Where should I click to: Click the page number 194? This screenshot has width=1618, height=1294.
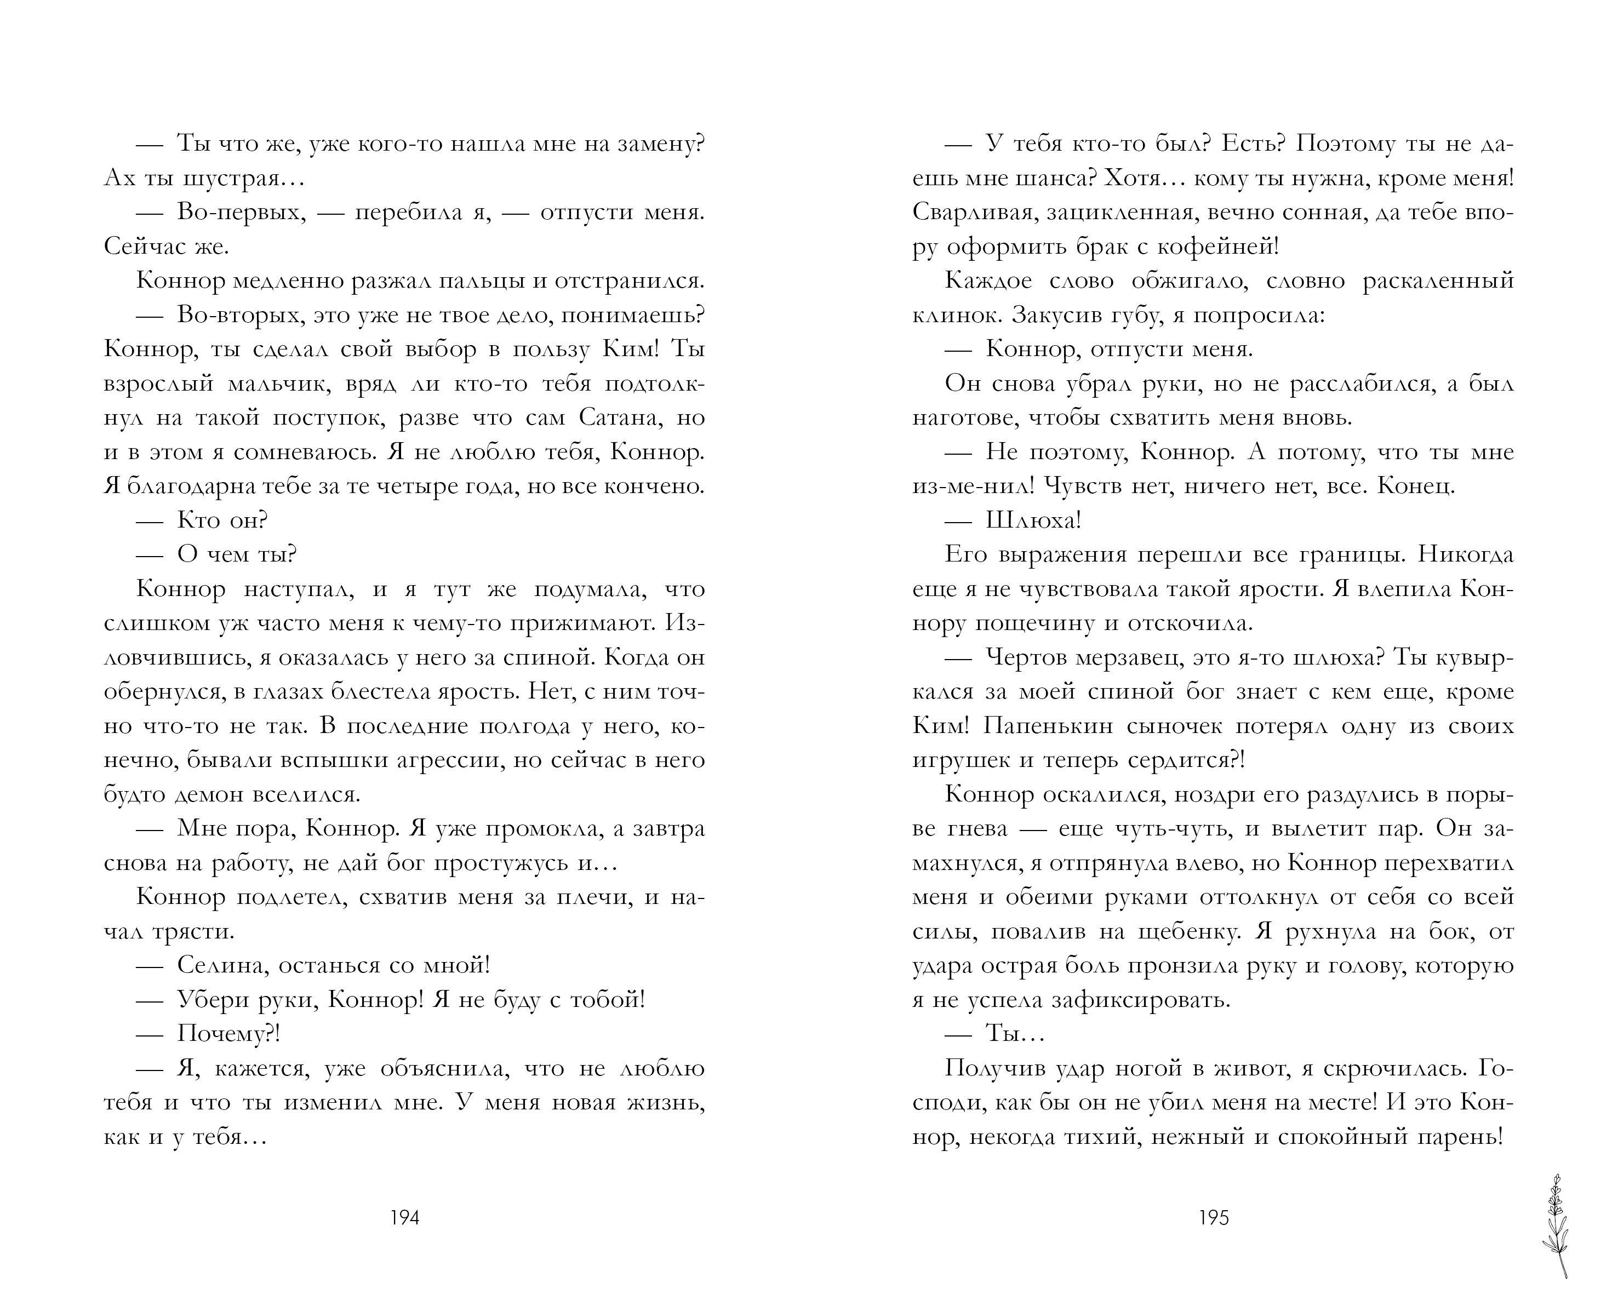[x=404, y=1217]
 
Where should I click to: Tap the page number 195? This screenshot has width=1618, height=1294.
[x=1214, y=1217]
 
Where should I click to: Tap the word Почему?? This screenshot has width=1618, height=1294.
[x=228, y=1034]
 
